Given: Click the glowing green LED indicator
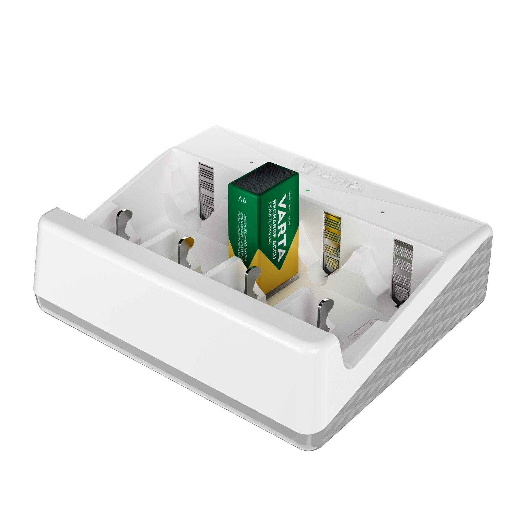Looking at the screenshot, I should [307, 190].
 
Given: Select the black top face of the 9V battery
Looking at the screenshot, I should [264, 176].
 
